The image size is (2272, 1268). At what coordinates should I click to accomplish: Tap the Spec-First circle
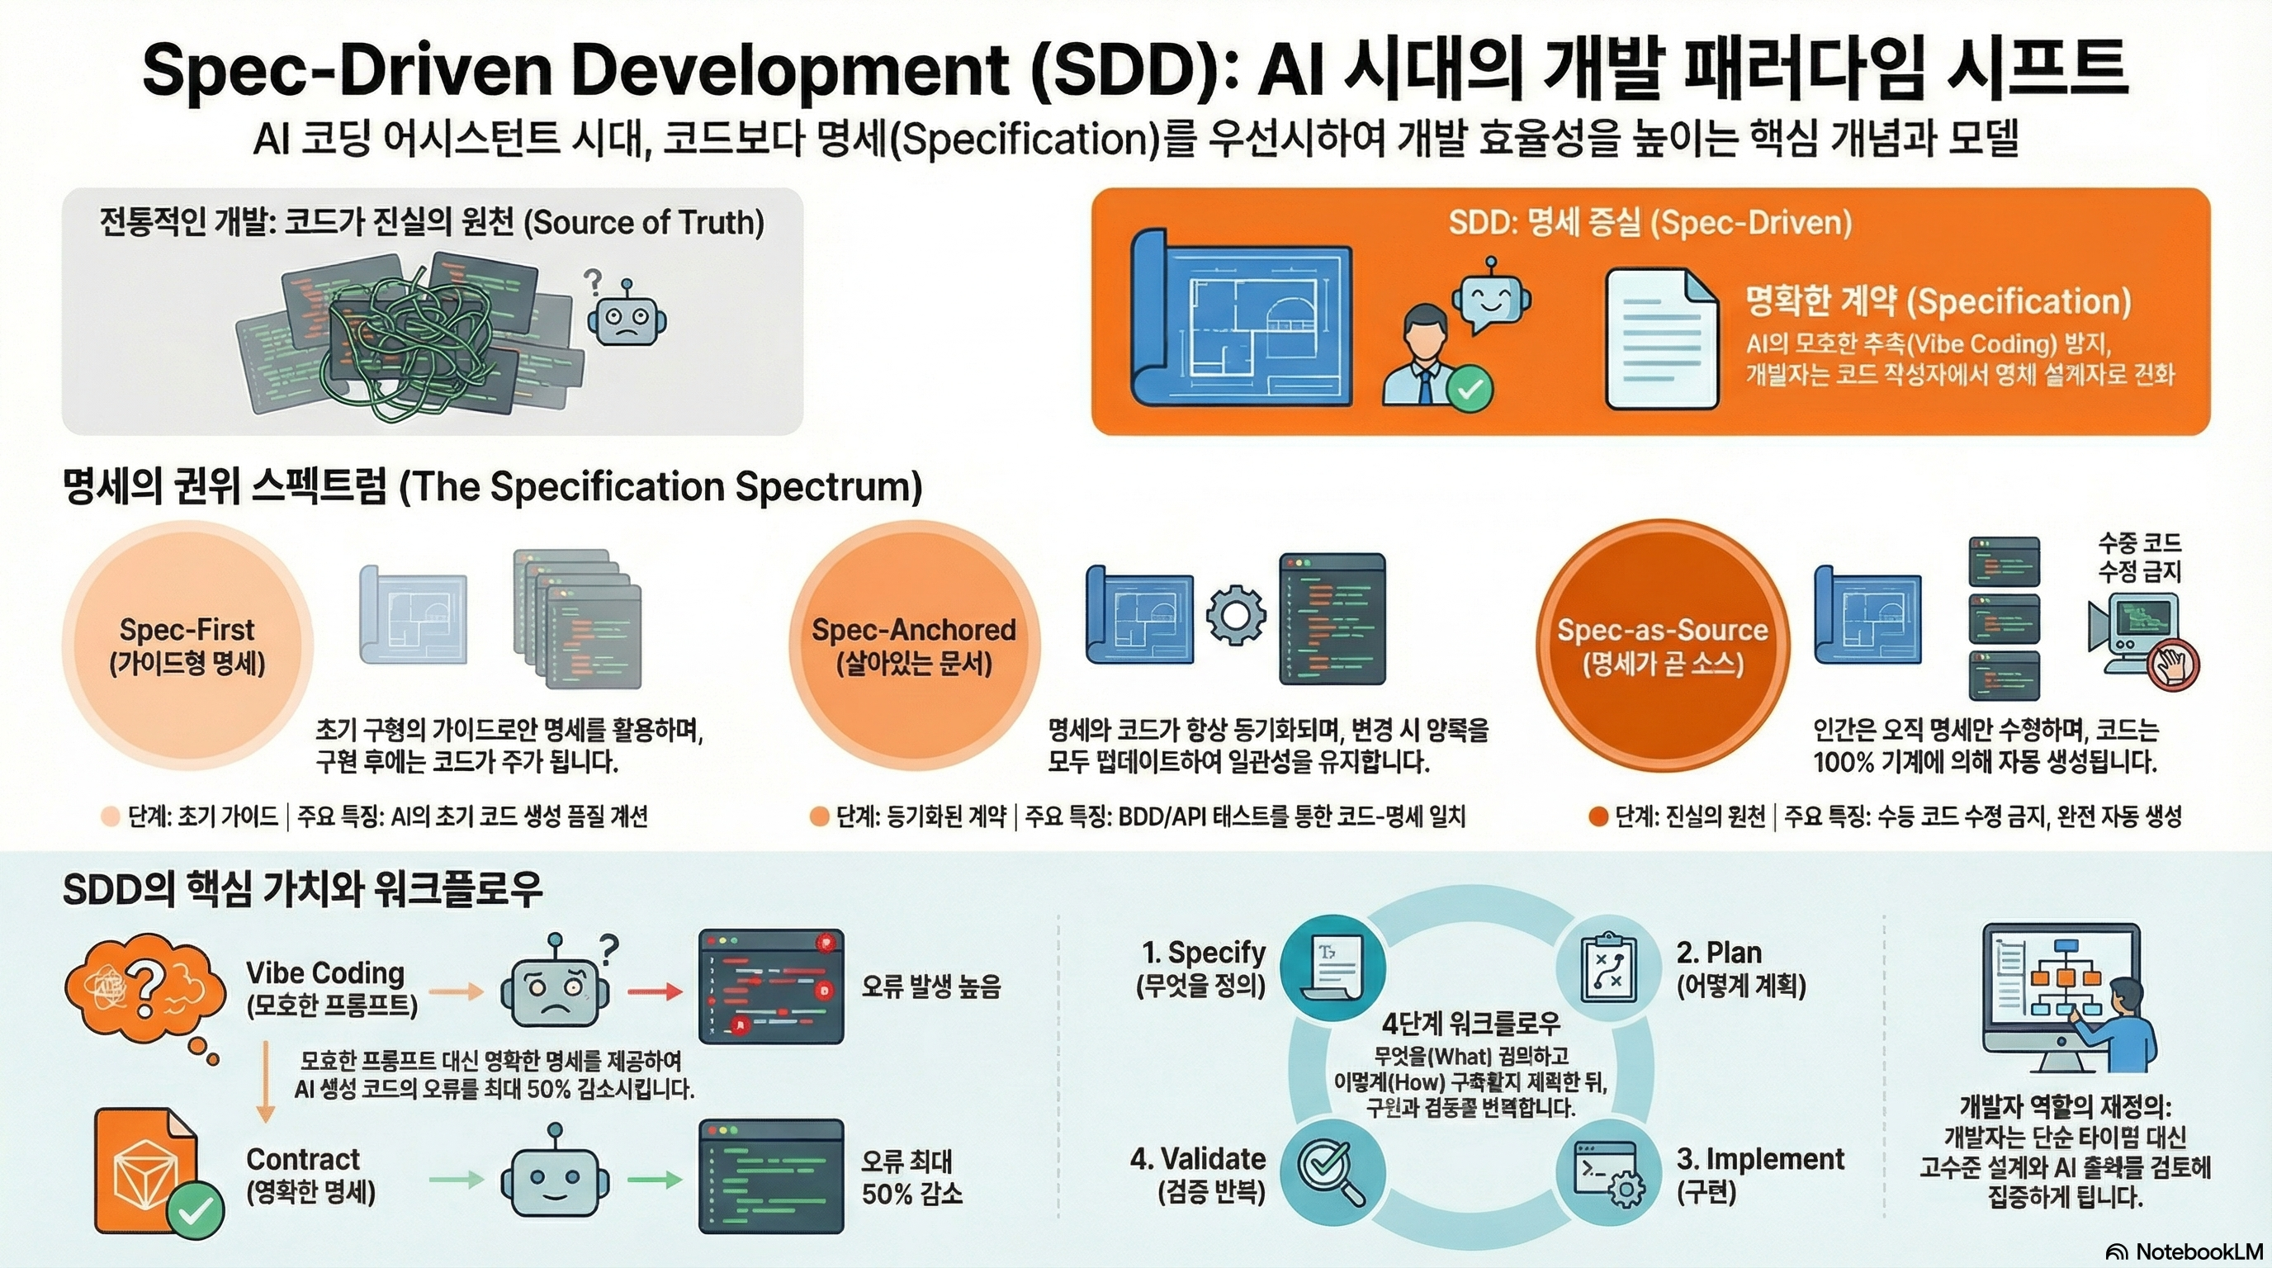click(x=187, y=646)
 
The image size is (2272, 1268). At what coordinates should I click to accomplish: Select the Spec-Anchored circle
click(x=914, y=646)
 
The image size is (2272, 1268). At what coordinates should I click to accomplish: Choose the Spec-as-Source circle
click(x=1663, y=646)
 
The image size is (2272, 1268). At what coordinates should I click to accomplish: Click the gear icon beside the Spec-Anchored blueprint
click(x=1236, y=615)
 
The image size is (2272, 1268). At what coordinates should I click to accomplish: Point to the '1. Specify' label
click(x=1203, y=953)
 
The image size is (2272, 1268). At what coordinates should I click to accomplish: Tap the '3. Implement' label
click(x=1759, y=1159)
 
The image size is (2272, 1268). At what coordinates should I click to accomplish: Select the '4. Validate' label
click(x=1198, y=1159)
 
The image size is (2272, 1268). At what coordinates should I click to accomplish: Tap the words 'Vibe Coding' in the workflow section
click(x=324, y=972)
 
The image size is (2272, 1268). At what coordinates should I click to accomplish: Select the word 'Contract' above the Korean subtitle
click(x=302, y=1159)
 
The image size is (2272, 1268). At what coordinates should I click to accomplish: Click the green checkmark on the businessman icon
click(x=1470, y=388)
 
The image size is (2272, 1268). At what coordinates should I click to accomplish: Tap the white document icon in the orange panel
click(x=1662, y=338)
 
